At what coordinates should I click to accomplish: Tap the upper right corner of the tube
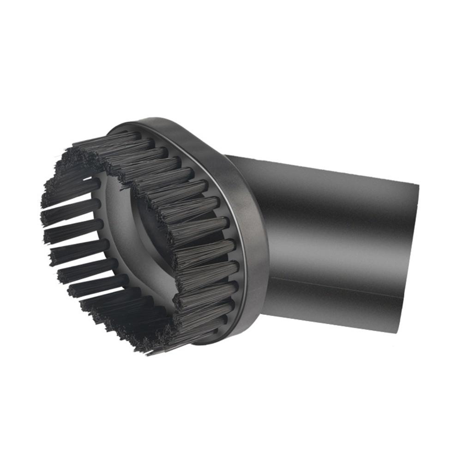coord(418,185)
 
